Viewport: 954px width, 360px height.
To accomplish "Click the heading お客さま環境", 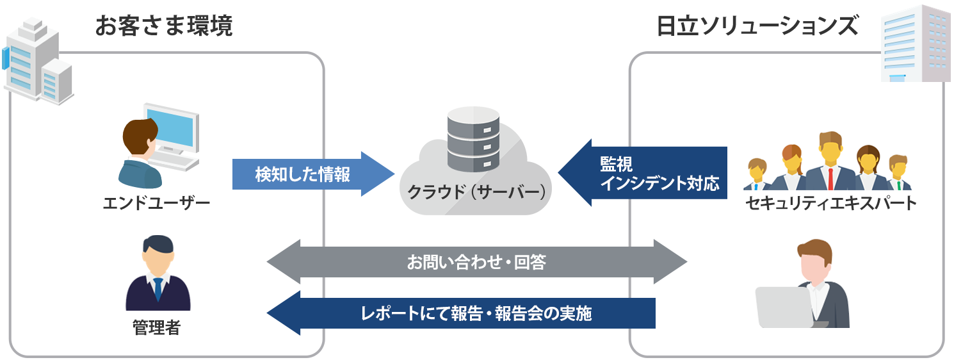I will [163, 26].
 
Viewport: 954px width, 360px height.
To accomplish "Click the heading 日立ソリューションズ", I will [757, 26].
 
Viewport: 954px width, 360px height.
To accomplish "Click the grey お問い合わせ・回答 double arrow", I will [476, 262].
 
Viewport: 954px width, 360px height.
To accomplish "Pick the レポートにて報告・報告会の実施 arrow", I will [461, 313].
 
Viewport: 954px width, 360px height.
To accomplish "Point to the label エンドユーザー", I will [157, 204].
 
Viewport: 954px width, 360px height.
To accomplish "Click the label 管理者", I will [157, 329].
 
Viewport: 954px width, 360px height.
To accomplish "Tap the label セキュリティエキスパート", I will [831, 204].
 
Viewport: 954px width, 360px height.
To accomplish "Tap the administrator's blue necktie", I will [158, 290].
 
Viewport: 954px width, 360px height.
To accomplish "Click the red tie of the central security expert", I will [830, 178].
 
